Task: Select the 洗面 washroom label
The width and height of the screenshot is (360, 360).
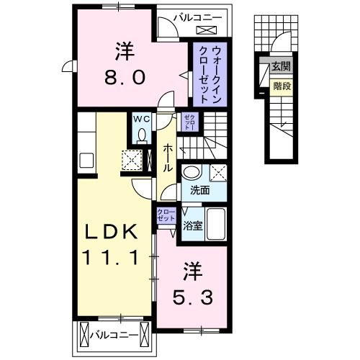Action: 199,190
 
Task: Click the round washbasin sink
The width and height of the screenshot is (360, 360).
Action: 192,172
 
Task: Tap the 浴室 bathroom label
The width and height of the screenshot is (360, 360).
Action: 193,226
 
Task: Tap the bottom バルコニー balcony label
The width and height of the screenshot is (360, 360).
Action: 114,334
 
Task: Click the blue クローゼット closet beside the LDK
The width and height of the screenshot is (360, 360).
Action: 166,215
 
